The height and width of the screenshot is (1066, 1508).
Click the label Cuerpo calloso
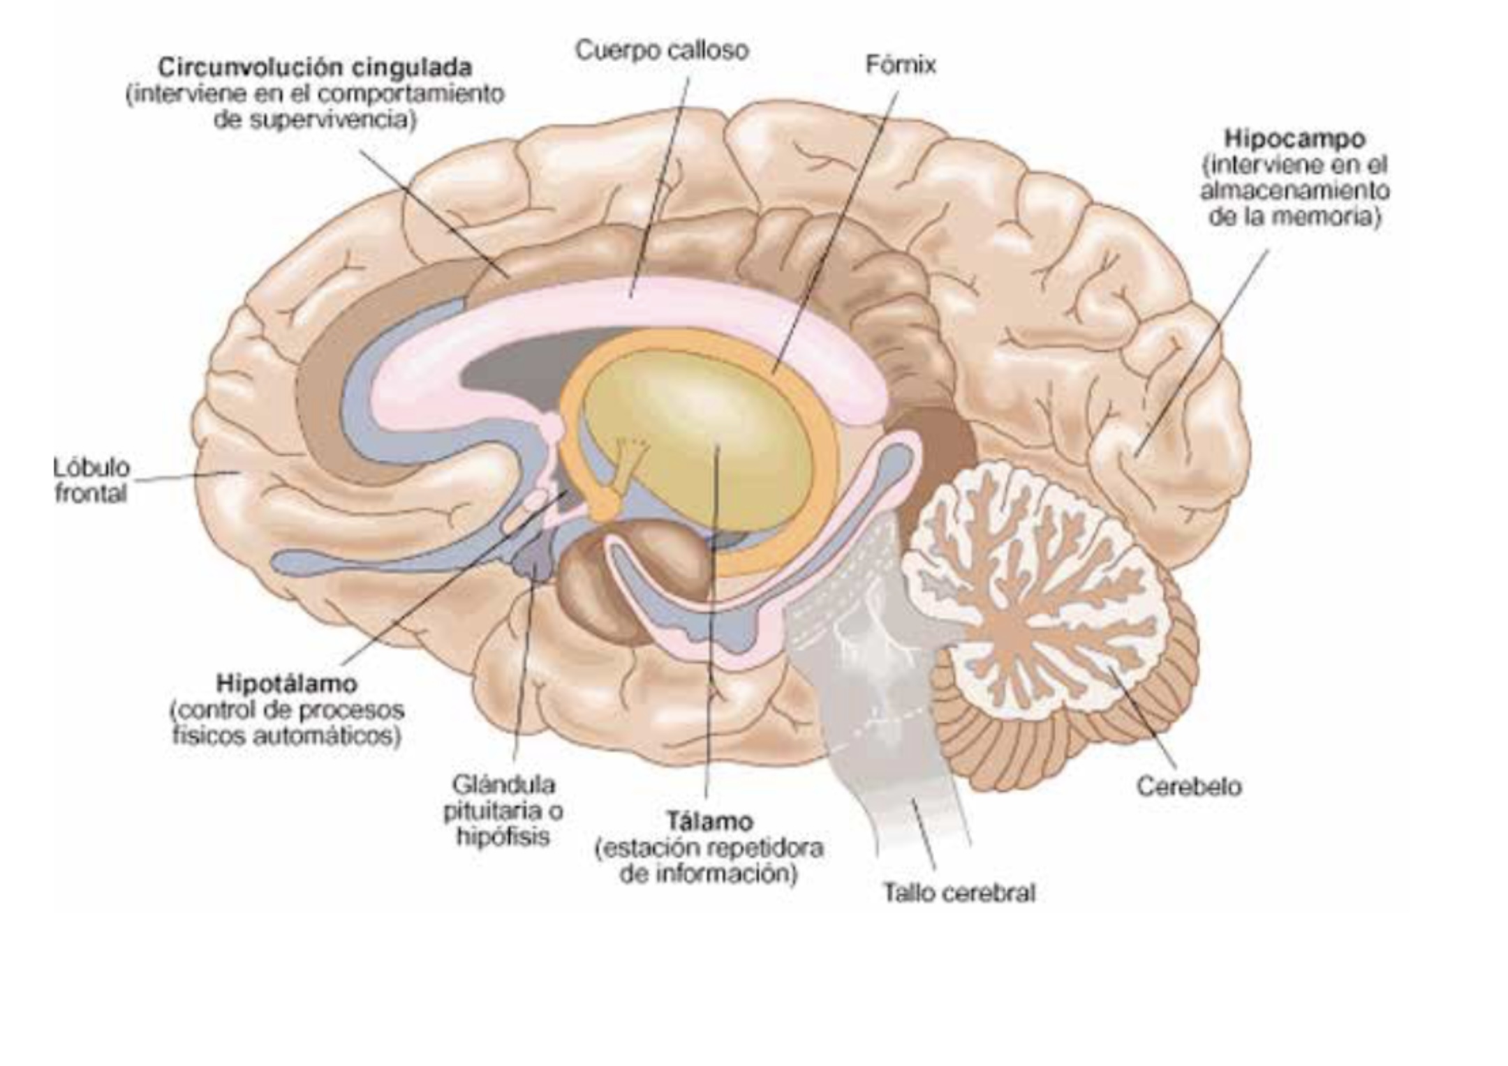(662, 51)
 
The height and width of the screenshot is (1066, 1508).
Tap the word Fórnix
(901, 65)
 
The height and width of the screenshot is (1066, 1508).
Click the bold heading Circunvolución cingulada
(316, 68)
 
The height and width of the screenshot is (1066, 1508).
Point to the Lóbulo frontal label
(91, 480)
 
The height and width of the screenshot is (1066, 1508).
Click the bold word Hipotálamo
(287, 682)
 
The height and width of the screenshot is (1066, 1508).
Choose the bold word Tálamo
(709, 821)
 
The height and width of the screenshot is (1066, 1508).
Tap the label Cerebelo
(1189, 787)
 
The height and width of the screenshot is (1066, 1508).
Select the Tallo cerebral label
(959, 892)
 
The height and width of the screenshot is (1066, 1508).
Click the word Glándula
(504, 785)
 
